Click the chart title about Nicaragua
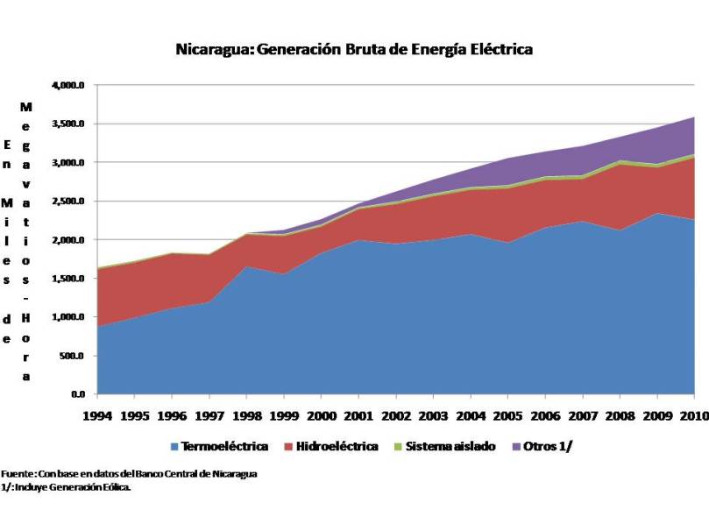pyautogui.click(x=354, y=49)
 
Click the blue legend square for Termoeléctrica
pyautogui.click(x=174, y=447)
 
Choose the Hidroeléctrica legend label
pyautogui.click(x=337, y=446)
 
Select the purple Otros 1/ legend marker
pyautogui.click(x=515, y=447)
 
